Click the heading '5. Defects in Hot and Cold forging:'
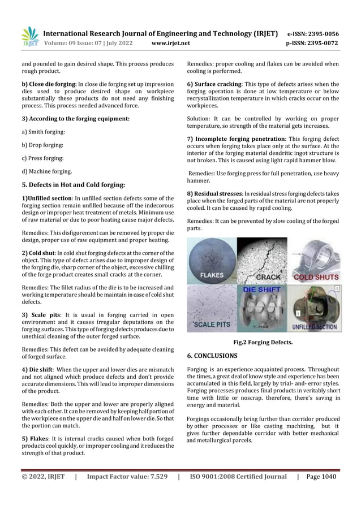click(x=70, y=184)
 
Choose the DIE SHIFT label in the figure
click(x=262, y=290)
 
